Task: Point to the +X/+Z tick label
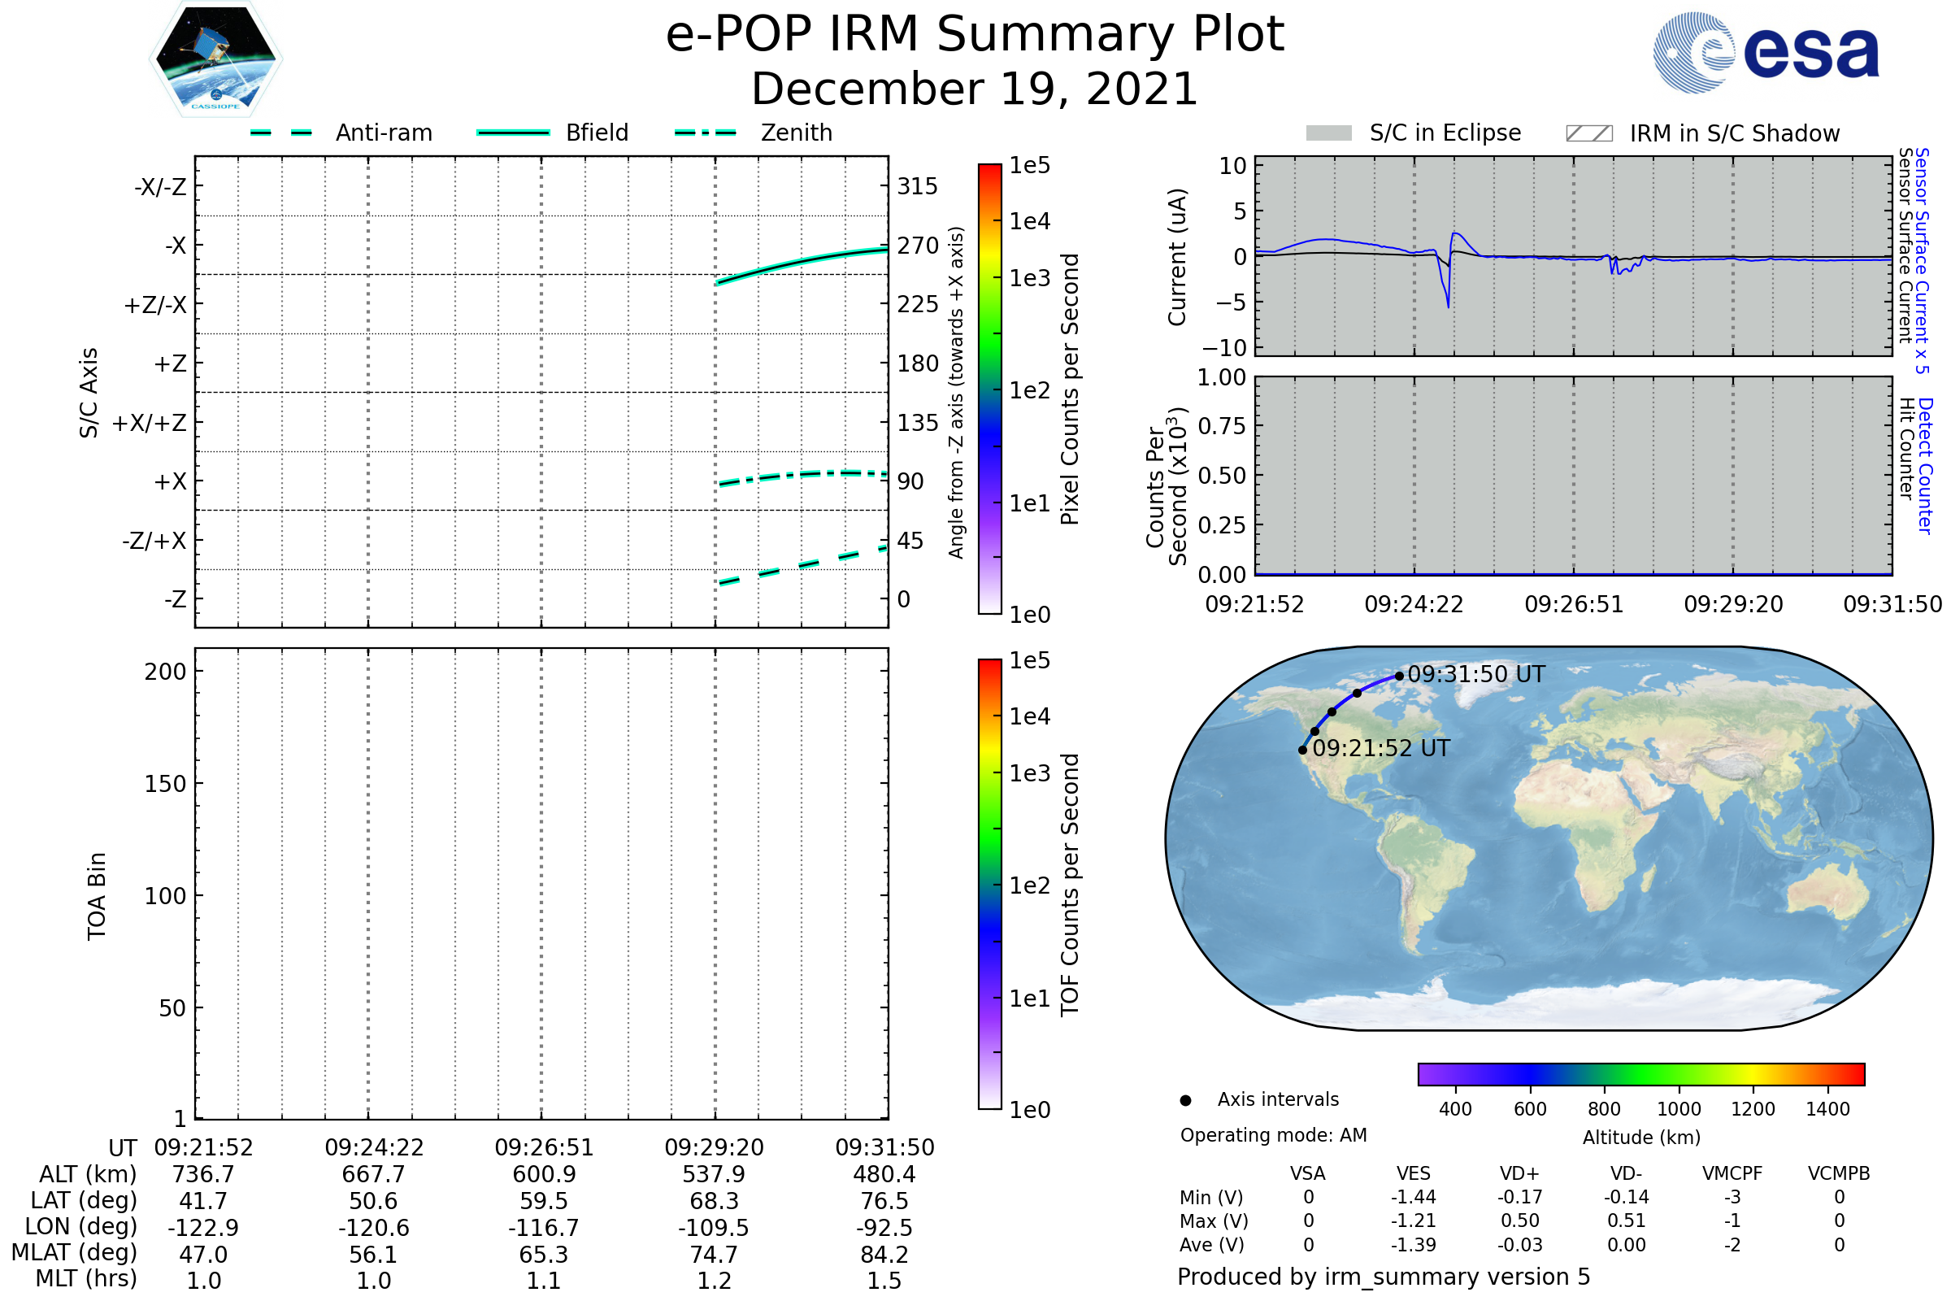click(150, 423)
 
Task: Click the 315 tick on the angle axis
click(917, 186)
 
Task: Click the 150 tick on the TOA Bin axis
click(165, 784)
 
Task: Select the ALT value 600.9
click(544, 1174)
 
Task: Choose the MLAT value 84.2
click(884, 1254)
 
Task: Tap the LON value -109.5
click(714, 1227)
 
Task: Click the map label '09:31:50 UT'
click(1475, 674)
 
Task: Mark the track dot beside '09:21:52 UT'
click(1302, 750)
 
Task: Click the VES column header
click(1414, 1173)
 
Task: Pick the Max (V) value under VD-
click(1626, 1221)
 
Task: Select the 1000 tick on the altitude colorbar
click(1679, 1109)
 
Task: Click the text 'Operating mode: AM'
click(1273, 1135)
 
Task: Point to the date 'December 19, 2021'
click(975, 89)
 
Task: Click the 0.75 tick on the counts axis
click(1222, 425)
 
